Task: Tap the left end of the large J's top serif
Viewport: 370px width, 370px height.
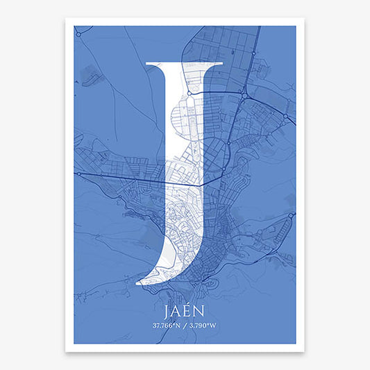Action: coord(145,64)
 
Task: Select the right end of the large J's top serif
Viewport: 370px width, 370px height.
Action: coord(222,64)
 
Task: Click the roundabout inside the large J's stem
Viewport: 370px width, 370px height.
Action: coord(189,92)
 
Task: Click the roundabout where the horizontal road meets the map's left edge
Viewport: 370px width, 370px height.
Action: coord(78,173)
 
